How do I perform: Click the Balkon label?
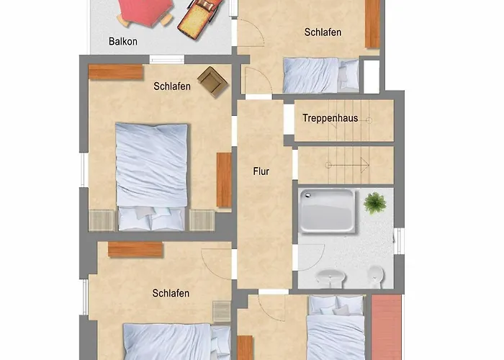[x=123, y=41]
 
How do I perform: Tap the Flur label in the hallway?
[x=261, y=171]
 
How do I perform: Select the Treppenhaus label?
[x=330, y=118]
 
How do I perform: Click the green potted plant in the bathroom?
[x=374, y=203]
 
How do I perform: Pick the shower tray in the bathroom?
[x=327, y=210]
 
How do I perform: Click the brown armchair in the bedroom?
[x=212, y=81]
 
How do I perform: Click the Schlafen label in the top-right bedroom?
[x=323, y=32]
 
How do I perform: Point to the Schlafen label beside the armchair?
[x=172, y=86]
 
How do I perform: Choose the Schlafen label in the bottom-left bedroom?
[x=171, y=293]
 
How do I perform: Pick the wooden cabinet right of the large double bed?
[x=224, y=180]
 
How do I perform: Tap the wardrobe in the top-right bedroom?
[x=372, y=24]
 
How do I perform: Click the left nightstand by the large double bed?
[x=102, y=219]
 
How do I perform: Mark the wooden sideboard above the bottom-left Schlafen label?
[x=135, y=249]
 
